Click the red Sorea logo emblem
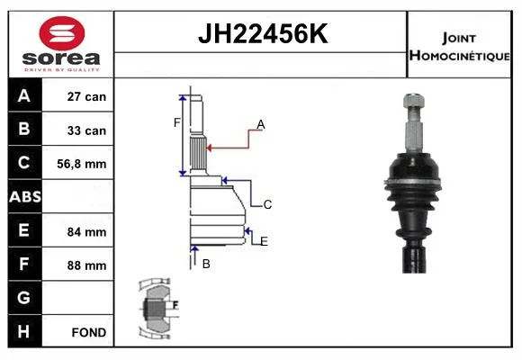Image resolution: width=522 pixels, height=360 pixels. point(62,33)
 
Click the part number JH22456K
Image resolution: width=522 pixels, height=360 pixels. point(263,33)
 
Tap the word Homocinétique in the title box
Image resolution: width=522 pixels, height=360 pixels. point(459,56)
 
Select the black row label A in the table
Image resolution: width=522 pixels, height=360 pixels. point(24,95)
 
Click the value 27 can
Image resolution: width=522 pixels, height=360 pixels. point(86,96)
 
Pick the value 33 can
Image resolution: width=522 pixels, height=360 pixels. point(86,130)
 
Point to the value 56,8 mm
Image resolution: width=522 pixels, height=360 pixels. point(82,164)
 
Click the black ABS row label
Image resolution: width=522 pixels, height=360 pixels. point(25,196)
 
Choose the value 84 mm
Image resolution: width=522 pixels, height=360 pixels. point(86,232)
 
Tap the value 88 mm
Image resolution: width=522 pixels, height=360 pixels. point(86,265)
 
